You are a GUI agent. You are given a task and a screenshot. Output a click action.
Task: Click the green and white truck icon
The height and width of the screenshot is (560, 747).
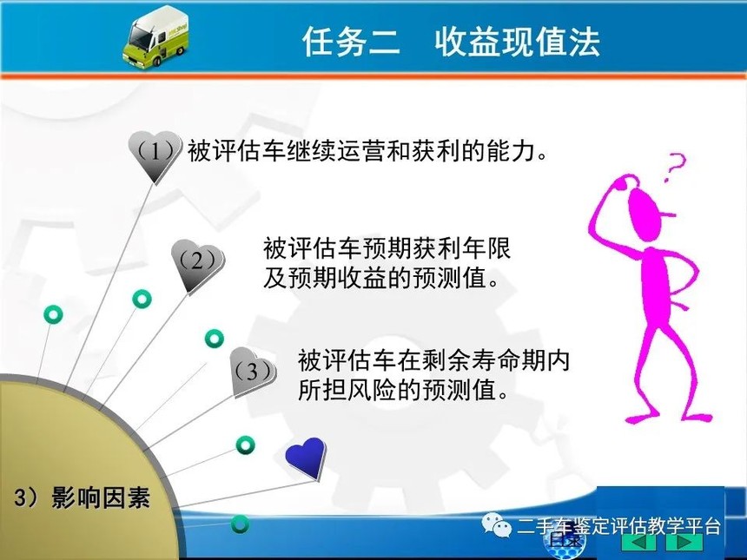click(x=155, y=36)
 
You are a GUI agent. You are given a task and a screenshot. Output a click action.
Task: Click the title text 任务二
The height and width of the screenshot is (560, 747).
click(x=351, y=42)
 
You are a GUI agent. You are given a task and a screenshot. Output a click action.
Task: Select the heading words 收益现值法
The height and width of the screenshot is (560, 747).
click(x=517, y=42)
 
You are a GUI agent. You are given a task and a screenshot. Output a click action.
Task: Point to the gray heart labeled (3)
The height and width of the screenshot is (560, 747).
click(x=253, y=372)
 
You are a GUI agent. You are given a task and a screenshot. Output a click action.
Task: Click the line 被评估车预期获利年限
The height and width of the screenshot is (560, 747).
click(x=387, y=247)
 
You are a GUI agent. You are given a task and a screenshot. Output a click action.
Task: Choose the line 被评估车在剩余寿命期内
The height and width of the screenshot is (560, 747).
click(x=433, y=360)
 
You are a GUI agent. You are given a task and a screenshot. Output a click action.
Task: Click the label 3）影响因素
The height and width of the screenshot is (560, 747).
click(x=83, y=497)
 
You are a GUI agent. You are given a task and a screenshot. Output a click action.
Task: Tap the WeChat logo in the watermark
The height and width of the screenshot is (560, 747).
click(x=497, y=524)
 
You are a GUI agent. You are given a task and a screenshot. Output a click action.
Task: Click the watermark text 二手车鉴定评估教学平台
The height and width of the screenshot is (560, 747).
click(x=618, y=527)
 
